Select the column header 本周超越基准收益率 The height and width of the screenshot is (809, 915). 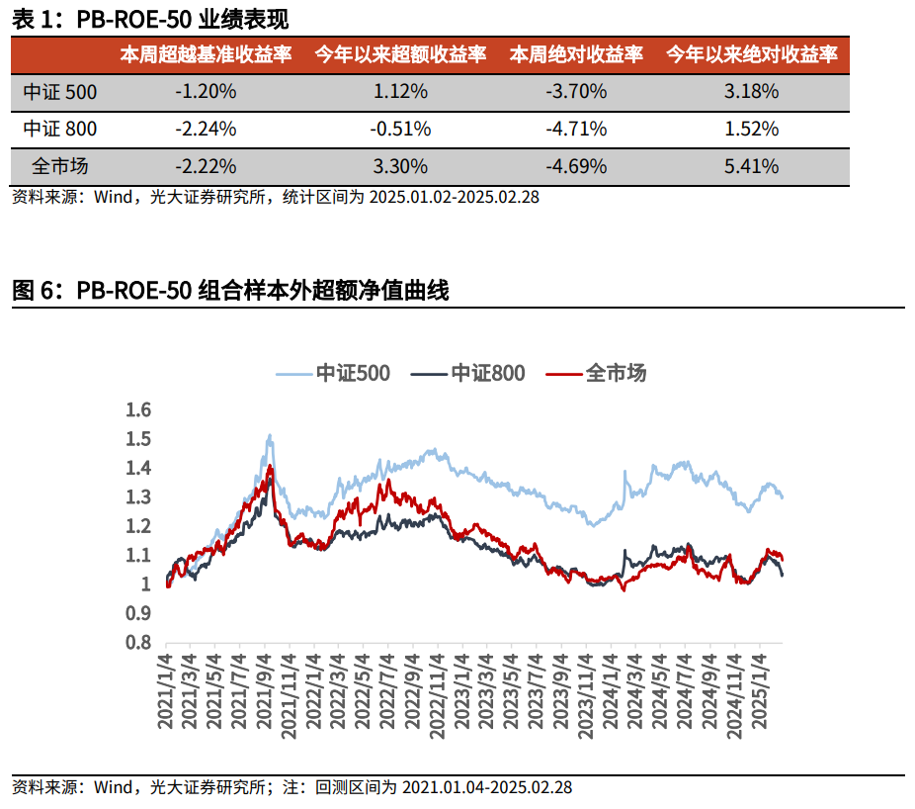(x=206, y=55)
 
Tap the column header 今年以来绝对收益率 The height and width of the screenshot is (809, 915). (x=751, y=55)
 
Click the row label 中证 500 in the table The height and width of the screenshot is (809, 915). (x=60, y=92)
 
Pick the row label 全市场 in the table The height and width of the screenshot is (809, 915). (x=60, y=166)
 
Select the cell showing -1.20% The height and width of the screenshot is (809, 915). (x=206, y=92)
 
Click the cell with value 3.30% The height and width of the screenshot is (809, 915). (x=400, y=166)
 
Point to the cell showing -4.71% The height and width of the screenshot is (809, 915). (x=575, y=129)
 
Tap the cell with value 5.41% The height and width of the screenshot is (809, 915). (x=751, y=166)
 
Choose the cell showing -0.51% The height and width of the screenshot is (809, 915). (x=400, y=129)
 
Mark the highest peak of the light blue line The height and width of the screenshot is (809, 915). (x=269, y=436)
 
